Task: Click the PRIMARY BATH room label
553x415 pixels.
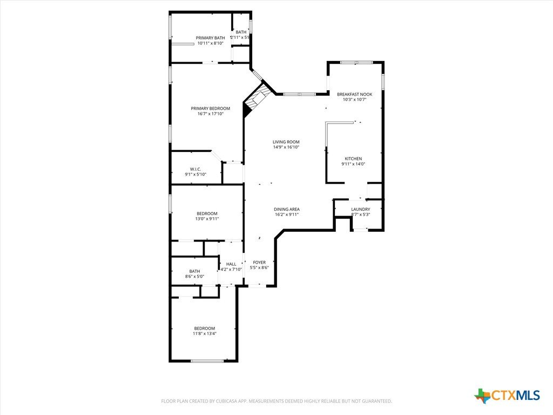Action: (x=210, y=38)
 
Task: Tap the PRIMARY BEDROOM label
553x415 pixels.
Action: (x=210, y=108)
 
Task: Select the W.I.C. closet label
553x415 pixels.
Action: (x=195, y=169)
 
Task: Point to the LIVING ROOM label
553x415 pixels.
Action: (x=286, y=142)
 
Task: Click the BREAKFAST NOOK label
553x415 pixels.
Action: (x=354, y=94)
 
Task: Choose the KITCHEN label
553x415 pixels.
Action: (x=353, y=158)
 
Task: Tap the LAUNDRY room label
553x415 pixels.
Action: (x=360, y=209)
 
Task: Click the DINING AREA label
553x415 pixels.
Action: (x=286, y=209)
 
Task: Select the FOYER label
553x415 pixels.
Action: (x=259, y=262)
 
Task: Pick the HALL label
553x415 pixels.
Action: (x=231, y=264)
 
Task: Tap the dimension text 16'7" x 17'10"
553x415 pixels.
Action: (x=210, y=113)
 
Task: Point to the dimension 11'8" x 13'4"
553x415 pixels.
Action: (x=204, y=333)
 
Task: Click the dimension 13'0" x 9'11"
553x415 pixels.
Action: (x=207, y=219)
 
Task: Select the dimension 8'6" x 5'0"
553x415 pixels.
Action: (x=194, y=277)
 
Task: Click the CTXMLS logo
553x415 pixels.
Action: (x=507, y=396)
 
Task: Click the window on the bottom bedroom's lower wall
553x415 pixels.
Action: (x=207, y=360)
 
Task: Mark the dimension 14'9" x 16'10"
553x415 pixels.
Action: (x=286, y=147)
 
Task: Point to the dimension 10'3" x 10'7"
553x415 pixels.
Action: (x=354, y=99)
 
